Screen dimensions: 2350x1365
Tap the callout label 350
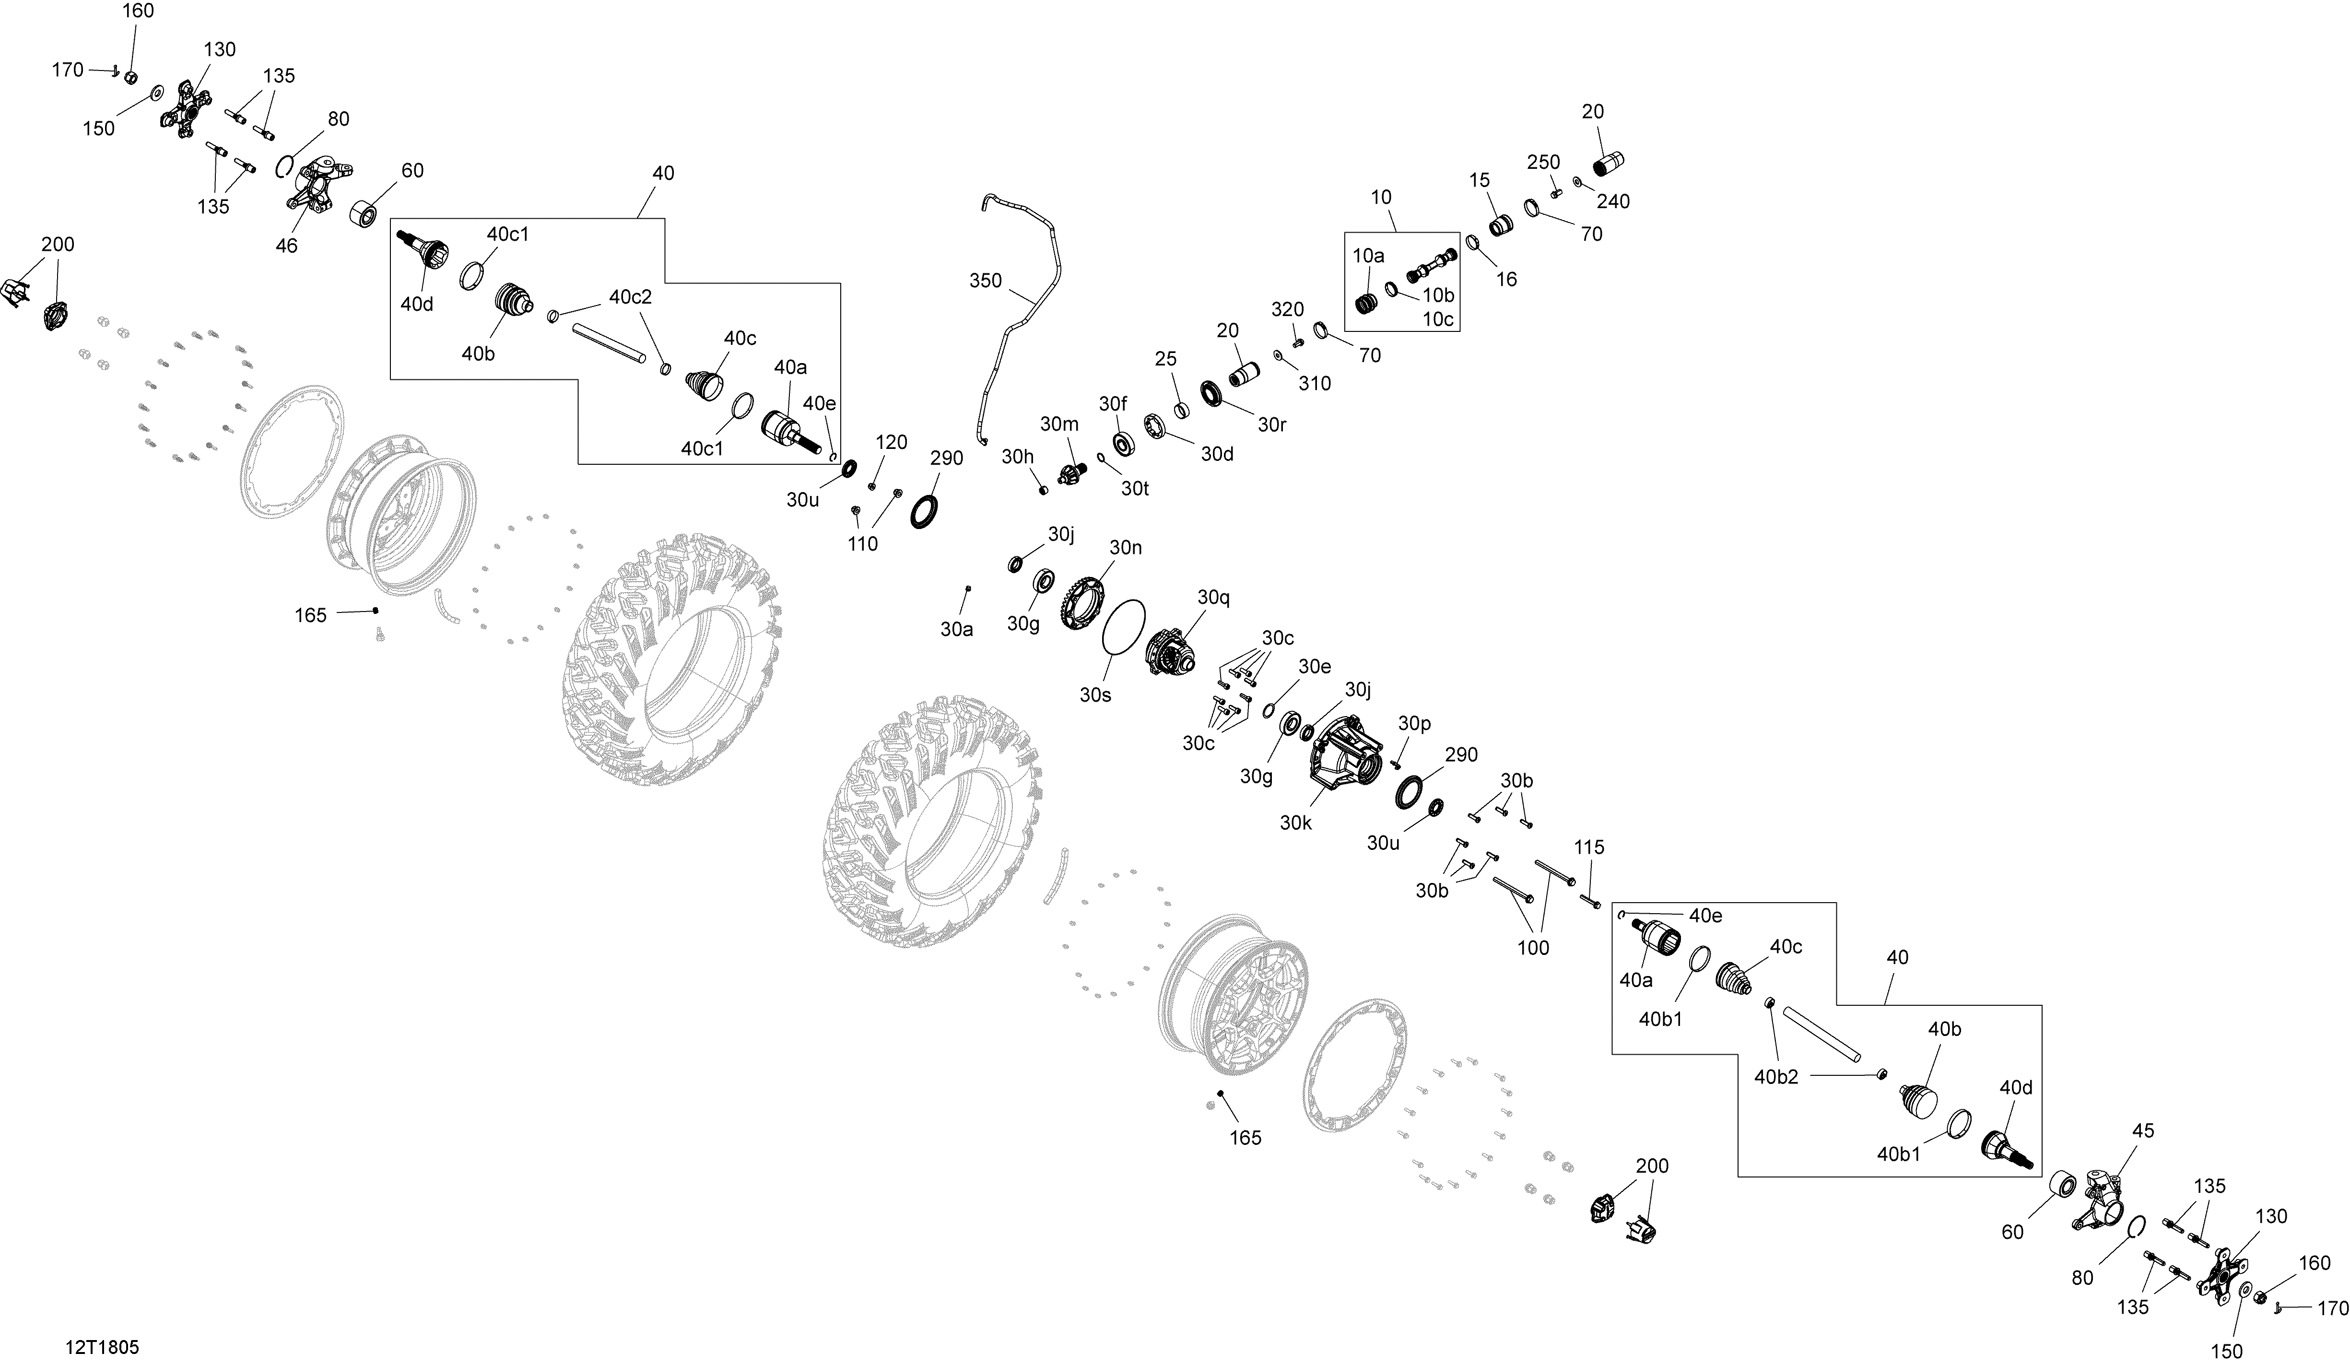pos(986,281)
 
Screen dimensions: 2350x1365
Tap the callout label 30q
pos(1213,598)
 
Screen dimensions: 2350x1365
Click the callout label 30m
pos(1059,424)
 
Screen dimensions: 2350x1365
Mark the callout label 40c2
pos(630,296)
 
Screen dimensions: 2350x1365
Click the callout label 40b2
pos(1776,1077)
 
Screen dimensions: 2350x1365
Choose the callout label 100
pos(1533,947)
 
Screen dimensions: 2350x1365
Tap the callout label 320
pos(1288,308)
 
